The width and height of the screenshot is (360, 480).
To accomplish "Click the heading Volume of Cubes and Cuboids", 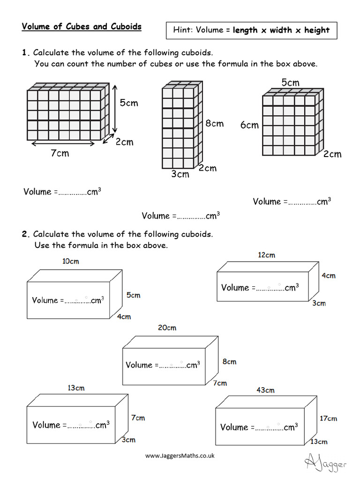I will point(81,27).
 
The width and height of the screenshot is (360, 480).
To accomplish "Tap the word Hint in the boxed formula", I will point(183,30).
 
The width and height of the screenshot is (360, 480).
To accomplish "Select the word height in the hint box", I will point(317,30).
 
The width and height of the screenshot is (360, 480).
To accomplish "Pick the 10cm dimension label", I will point(71,261).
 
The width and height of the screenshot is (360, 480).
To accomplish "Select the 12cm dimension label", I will point(266,255).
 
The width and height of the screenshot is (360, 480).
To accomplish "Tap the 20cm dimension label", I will point(167,328).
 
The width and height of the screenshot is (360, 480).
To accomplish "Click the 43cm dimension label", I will point(265,390).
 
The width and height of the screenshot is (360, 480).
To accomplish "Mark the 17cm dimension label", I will point(328,419).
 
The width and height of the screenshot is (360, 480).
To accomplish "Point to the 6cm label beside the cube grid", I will point(249,125).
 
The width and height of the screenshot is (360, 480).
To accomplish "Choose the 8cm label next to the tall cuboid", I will point(214,124).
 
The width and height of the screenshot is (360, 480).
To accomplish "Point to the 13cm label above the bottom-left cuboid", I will point(76,388).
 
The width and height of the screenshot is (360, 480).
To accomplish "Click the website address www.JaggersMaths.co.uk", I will point(180,455).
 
